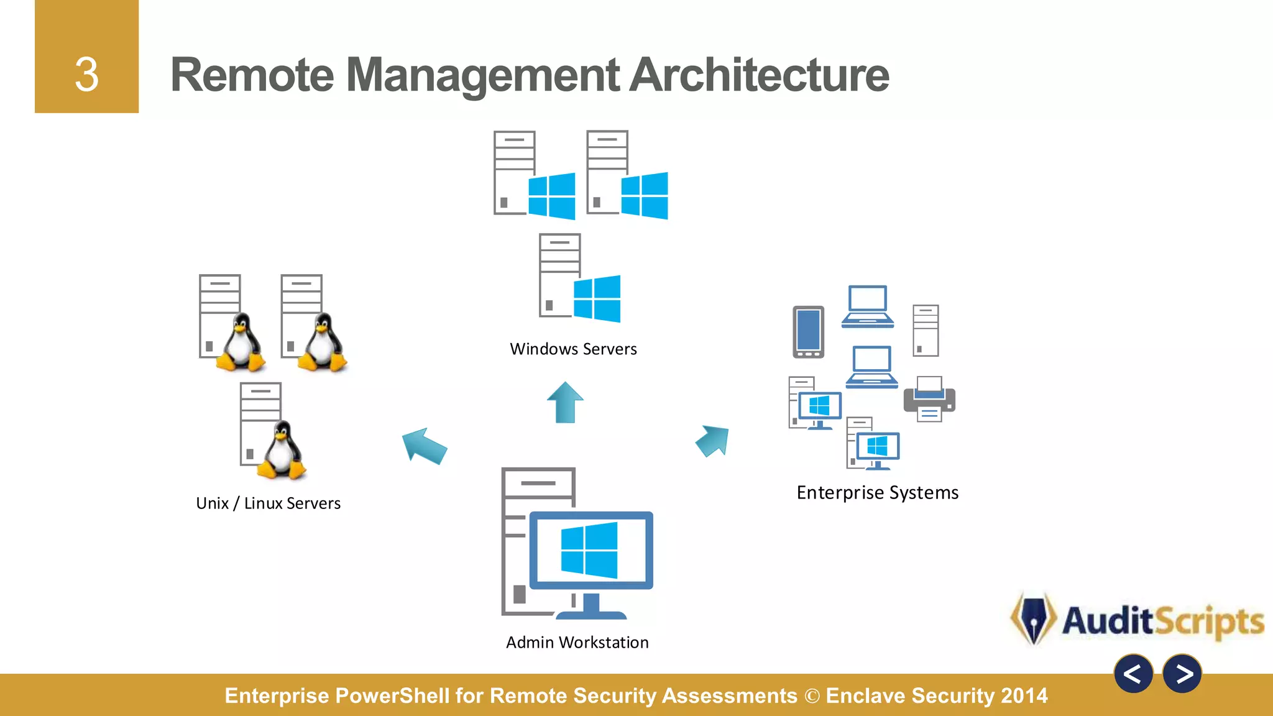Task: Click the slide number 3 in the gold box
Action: click(x=86, y=75)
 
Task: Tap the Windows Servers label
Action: click(x=573, y=349)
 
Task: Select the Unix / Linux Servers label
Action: click(x=268, y=503)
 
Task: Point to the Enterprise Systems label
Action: click(x=877, y=493)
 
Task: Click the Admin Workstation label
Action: click(x=577, y=643)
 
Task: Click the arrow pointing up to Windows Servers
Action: click(x=565, y=402)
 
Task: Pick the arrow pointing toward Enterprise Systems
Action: click(x=713, y=440)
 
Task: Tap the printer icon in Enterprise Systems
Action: click(x=929, y=399)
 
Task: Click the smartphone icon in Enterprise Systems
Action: click(x=808, y=332)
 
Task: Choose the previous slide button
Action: click(x=1133, y=674)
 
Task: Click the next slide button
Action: click(x=1182, y=674)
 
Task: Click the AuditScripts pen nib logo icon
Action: click(x=1033, y=618)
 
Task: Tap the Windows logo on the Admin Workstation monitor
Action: click(x=589, y=550)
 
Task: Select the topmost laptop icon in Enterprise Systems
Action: click(x=868, y=306)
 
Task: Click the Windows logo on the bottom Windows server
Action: click(x=597, y=298)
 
